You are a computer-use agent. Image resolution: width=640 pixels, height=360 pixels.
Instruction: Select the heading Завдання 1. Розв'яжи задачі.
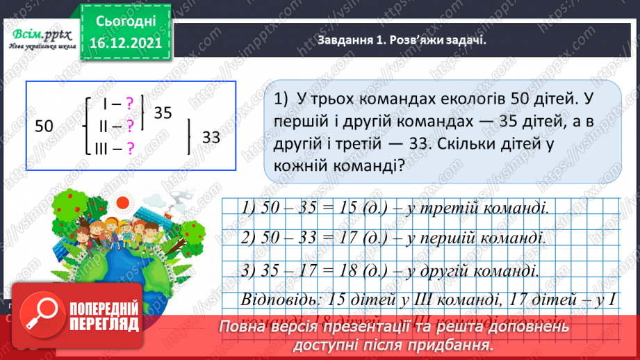point(401,40)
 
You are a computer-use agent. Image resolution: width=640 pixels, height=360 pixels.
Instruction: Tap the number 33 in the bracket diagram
point(211,138)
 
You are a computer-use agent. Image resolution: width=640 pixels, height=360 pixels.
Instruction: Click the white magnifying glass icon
point(42,320)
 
